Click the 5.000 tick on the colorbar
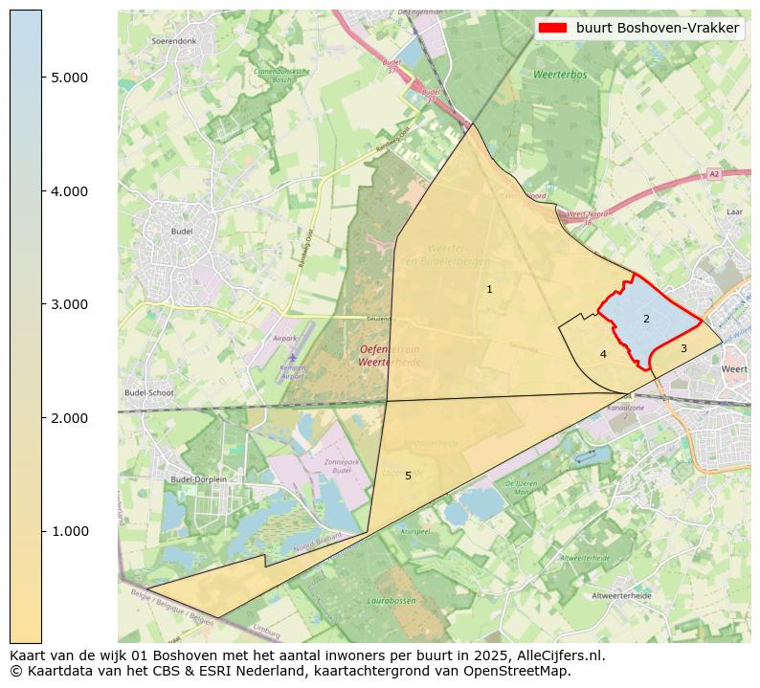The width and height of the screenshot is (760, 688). click(x=69, y=78)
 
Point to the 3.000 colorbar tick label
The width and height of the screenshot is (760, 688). click(x=69, y=304)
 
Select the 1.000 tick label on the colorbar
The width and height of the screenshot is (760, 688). click(x=69, y=531)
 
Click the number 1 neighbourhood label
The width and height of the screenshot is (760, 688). click(x=489, y=289)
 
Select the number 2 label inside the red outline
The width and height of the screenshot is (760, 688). click(x=646, y=319)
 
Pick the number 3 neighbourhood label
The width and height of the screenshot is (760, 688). click(x=683, y=348)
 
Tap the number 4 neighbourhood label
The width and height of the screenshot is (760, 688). click(x=603, y=354)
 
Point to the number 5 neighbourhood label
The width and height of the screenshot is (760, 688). click(x=408, y=476)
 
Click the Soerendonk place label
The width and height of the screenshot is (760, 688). click(x=173, y=42)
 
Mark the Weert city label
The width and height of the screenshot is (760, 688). click(x=735, y=368)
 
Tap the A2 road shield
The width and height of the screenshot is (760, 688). click(x=713, y=173)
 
